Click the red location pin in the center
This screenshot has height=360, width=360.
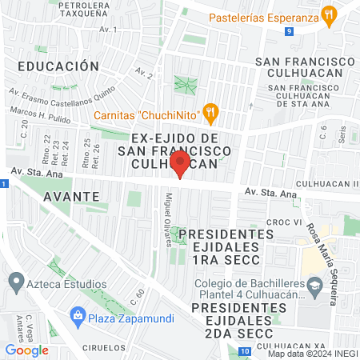click(x=180, y=164)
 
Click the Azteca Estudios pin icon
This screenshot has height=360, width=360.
click(x=14, y=282)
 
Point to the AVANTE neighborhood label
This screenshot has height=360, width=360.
click(x=72, y=195)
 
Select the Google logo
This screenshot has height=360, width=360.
click(x=26, y=350)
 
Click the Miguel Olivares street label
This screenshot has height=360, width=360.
click(x=168, y=219)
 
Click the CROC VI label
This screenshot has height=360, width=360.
click(x=283, y=222)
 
